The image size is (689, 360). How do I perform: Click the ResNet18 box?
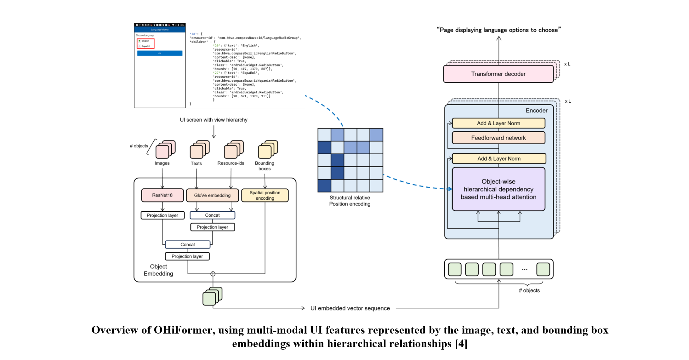(162, 195)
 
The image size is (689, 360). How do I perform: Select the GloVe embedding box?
(212, 195)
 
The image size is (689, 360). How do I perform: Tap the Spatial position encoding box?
(265, 195)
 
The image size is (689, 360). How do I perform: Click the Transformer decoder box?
(498, 74)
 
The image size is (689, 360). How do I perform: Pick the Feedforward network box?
(498, 138)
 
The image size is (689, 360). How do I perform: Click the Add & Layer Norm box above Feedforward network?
(498, 123)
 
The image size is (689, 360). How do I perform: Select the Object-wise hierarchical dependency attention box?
(498, 189)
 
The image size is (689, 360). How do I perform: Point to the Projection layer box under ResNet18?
(162, 215)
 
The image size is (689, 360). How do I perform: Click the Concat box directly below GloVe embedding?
(212, 215)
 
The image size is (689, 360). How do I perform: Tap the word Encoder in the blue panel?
(536, 111)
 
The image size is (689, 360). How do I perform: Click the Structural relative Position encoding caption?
(350, 201)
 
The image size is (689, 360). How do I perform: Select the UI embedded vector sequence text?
(350, 308)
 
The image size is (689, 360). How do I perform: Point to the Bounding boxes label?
(265, 166)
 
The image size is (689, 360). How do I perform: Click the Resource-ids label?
(231, 163)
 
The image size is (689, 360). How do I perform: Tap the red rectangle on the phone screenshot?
(145, 43)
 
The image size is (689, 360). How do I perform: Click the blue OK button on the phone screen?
(160, 53)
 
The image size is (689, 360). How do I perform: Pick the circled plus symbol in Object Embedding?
(213, 274)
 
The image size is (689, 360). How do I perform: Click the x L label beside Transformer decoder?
(567, 64)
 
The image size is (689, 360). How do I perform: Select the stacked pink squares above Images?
(165, 149)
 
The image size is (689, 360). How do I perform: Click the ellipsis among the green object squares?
(525, 269)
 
